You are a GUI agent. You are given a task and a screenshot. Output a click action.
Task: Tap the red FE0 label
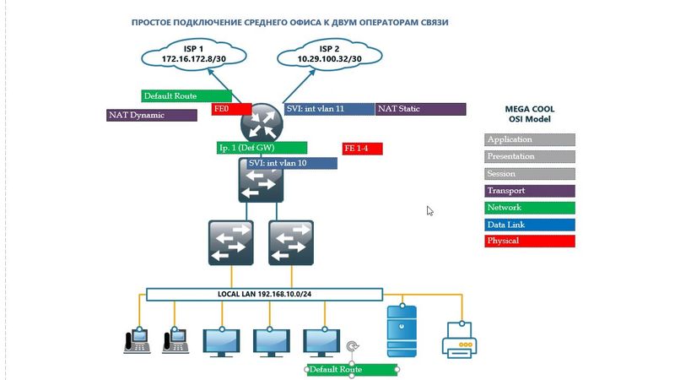click(231, 109)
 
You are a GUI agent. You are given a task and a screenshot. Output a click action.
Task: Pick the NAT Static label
click(420, 109)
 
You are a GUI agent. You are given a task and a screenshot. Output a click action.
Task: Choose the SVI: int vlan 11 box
click(328, 109)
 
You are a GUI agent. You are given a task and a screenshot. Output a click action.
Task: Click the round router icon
click(260, 125)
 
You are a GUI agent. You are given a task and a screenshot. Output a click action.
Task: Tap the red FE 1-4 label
click(362, 149)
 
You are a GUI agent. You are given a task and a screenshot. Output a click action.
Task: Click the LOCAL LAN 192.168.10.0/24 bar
click(264, 295)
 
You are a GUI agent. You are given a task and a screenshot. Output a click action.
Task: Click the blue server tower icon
click(401, 330)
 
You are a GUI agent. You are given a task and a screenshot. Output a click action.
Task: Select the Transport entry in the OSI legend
click(530, 191)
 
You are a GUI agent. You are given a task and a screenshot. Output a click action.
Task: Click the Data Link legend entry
click(530, 225)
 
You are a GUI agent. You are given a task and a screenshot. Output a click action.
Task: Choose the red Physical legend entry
click(530, 242)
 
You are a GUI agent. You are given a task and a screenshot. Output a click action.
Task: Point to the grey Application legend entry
click(530, 139)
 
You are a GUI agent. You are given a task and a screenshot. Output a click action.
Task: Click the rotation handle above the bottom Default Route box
click(352, 346)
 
